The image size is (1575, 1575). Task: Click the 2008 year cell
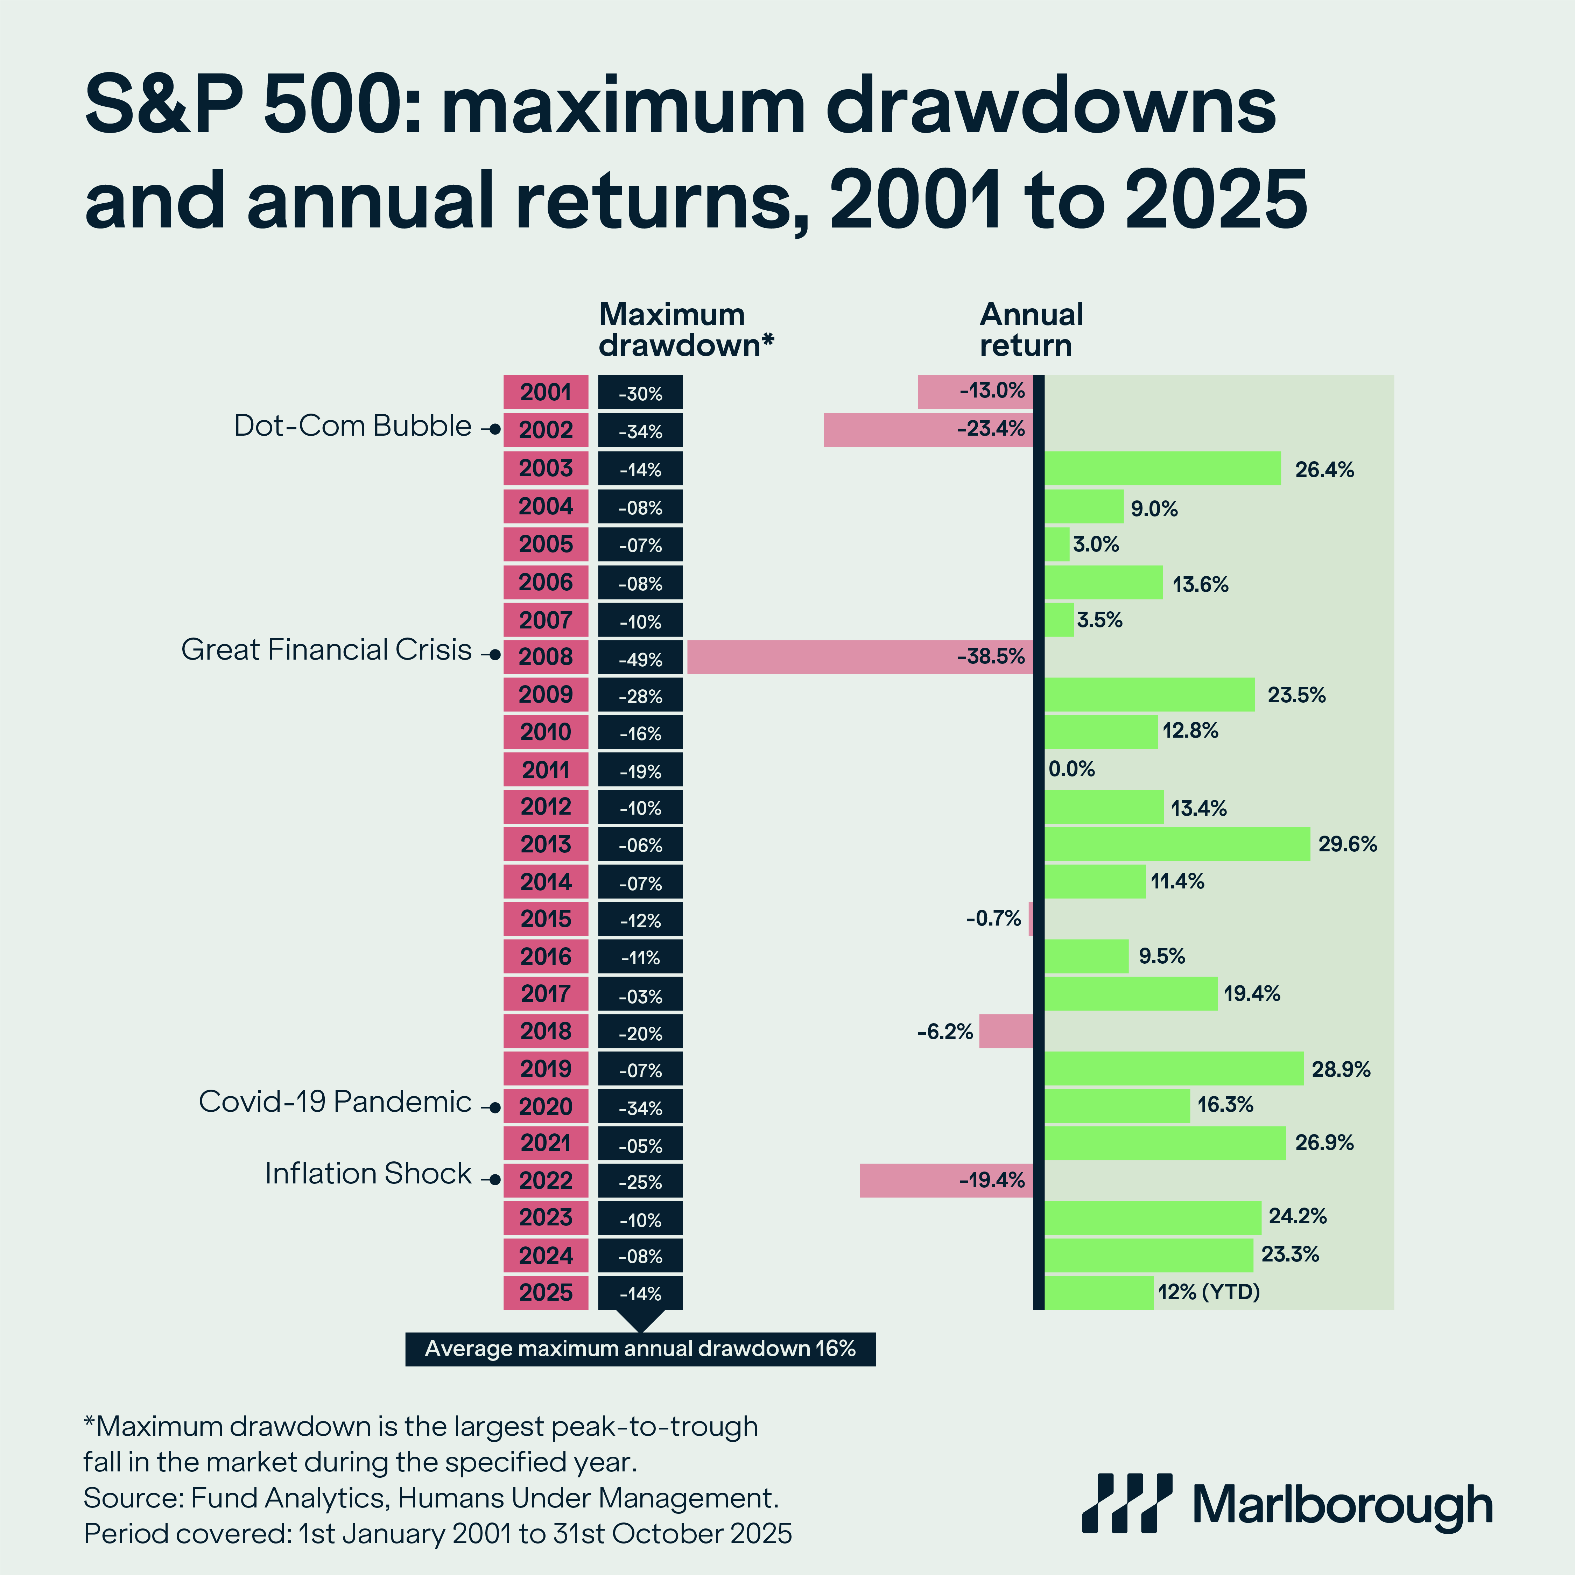[546, 657]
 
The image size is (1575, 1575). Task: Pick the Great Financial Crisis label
[326, 650]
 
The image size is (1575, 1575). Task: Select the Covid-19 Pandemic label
[335, 1101]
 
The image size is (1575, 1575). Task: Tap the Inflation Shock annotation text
[368, 1173]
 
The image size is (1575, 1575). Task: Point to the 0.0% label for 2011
[1071, 769]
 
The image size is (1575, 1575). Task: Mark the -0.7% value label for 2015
[993, 919]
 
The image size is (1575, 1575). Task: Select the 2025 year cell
[546, 1293]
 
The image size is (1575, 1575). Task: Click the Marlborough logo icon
[1127, 1503]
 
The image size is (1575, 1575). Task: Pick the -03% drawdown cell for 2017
[640, 996]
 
